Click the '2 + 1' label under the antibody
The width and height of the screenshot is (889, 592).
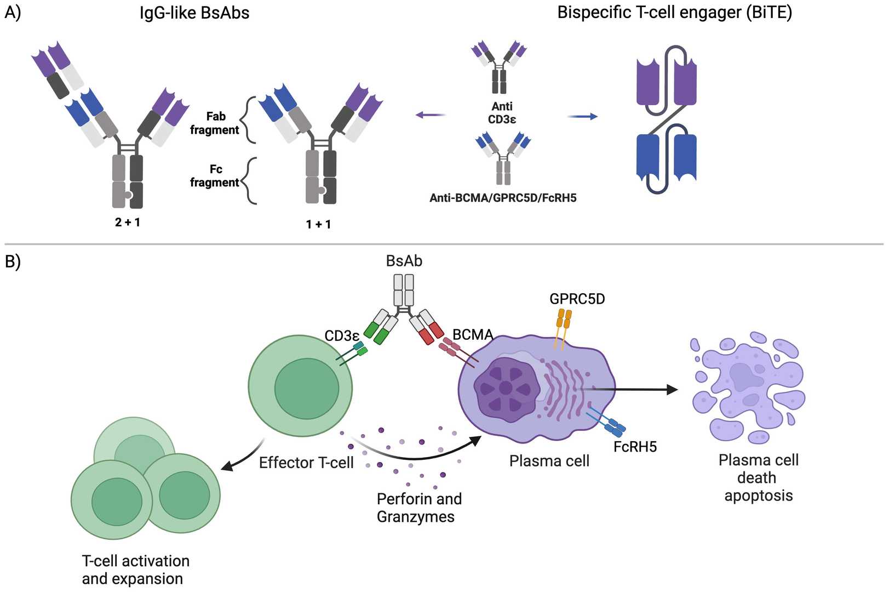click(x=128, y=223)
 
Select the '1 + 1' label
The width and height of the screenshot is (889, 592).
click(x=318, y=224)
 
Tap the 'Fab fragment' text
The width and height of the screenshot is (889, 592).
click(x=215, y=123)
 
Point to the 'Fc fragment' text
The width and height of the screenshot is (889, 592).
click(x=215, y=176)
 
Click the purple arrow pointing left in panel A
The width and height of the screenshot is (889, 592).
click(x=431, y=115)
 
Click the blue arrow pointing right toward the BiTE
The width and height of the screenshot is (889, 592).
click(x=582, y=116)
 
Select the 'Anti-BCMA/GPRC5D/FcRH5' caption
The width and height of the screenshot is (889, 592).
click(x=503, y=198)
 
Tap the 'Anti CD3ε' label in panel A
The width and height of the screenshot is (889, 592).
click(x=502, y=113)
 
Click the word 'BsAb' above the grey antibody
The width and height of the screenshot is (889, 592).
click(x=404, y=261)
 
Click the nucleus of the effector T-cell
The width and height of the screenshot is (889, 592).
click(x=307, y=389)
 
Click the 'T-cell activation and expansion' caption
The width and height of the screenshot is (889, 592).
click(x=135, y=570)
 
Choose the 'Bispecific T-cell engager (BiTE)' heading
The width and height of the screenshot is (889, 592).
click(x=674, y=13)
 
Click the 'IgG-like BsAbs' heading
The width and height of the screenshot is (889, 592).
click(x=194, y=13)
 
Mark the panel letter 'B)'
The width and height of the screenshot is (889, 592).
click(x=13, y=261)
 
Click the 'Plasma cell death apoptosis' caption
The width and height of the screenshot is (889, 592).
click(x=758, y=477)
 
